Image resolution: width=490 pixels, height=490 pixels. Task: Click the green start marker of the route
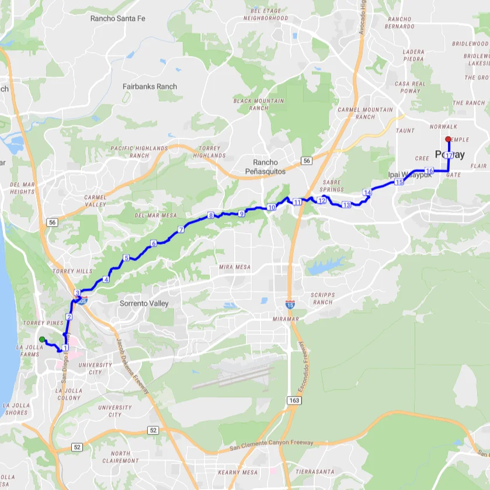(41, 339)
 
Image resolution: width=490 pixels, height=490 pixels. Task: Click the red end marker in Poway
(448, 139)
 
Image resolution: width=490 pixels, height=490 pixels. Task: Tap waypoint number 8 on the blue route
(210, 216)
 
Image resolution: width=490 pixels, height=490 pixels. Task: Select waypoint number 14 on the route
(367, 192)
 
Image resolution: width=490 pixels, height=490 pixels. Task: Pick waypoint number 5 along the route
(126, 258)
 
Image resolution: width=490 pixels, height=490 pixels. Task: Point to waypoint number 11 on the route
(297, 202)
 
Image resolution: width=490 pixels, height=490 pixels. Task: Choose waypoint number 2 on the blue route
(69, 317)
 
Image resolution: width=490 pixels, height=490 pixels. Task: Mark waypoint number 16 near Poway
(429, 171)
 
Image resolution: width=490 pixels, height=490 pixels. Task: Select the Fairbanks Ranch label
(150, 86)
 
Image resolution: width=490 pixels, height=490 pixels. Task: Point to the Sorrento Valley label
(144, 304)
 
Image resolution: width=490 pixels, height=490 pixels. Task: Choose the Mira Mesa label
(234, 267)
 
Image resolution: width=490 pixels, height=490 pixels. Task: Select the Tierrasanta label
(315, 471)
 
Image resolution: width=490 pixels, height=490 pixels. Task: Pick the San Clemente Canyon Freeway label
(272, 443)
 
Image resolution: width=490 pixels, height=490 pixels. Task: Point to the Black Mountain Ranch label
(259, 104)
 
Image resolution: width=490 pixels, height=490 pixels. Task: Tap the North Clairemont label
(120, 457)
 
